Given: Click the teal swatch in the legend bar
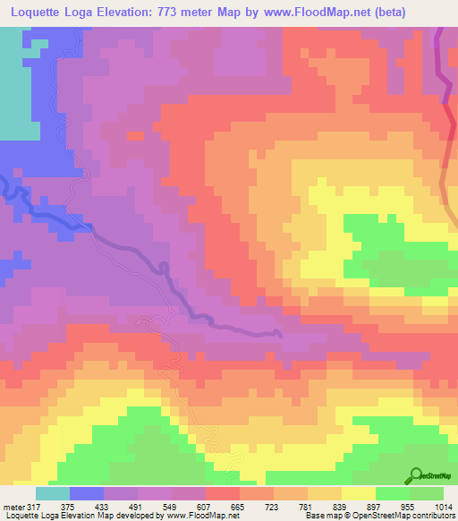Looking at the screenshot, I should tap(53, 492).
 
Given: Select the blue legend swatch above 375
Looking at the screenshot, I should tap(87, 492).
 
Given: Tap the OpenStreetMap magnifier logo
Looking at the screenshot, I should tap(415, 474).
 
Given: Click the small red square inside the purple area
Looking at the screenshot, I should tap(135, 136).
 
